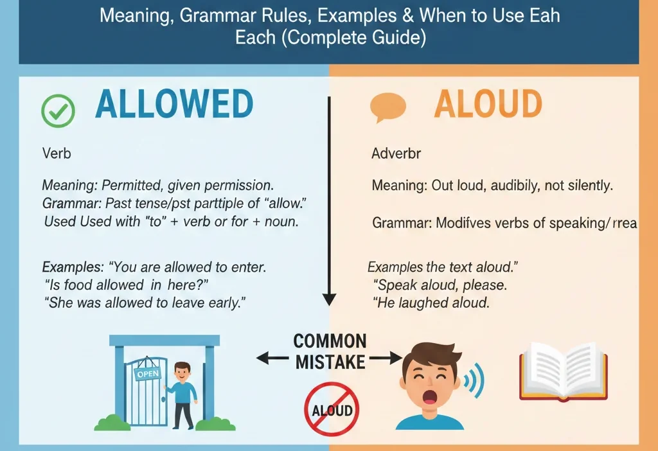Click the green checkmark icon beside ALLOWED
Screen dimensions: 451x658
tap(58, 111)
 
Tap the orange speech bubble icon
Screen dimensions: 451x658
tap(388, 107)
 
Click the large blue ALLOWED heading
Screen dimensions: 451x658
tap(174, 105)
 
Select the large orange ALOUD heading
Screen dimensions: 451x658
tap(488, 105)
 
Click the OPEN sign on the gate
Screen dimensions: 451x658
tap(147, 373)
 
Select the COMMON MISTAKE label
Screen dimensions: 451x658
tap(330, 351)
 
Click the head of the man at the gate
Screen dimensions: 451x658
tap(182, 371)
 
